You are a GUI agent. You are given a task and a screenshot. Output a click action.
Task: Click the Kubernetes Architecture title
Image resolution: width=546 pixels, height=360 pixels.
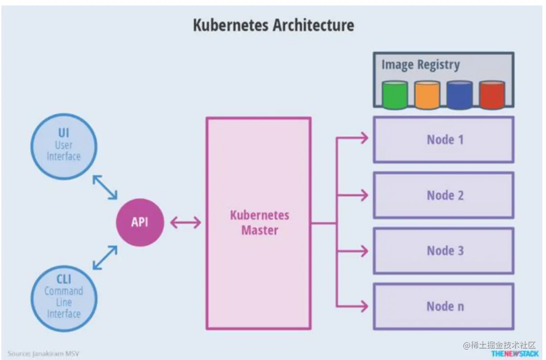pyautogui.click(x=273, y=25)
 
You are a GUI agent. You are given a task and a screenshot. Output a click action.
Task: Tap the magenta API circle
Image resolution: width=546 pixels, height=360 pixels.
pyautogui.click(x=140, y=222)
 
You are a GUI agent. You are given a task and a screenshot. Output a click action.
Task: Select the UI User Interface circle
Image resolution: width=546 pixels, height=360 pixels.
pyautogui.click(x=64, y=146)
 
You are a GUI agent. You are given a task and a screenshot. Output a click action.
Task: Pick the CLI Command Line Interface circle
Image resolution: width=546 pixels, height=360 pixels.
pyautogui.click(x=64, y=297)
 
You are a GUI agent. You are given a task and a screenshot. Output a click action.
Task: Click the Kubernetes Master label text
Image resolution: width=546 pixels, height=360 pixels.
pyautogui.click(x=259, y=222)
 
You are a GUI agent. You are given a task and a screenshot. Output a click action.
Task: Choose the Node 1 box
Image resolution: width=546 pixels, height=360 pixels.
pyautogui.click(x=444, y=139)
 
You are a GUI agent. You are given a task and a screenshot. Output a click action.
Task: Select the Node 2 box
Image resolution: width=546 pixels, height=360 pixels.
pyautogui.click(x=444, y=195)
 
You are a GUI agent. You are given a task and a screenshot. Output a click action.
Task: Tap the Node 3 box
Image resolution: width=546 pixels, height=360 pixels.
pyautogui.click(x=444, y=251)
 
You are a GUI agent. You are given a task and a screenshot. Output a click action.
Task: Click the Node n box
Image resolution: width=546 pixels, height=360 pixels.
pyautogui.click(x=444, y=306)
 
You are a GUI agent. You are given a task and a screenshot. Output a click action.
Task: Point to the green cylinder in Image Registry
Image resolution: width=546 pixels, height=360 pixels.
pyautogui.click(x=395, y=95)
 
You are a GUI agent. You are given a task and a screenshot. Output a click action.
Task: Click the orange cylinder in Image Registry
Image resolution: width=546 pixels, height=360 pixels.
pyautogui.click(x=427, y=95)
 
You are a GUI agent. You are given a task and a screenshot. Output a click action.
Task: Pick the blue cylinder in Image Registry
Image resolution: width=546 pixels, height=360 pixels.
pyautogui.click(x=459, y=95)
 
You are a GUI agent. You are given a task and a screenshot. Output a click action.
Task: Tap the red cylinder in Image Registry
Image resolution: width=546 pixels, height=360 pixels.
pyautogui.click(x=492, y=95)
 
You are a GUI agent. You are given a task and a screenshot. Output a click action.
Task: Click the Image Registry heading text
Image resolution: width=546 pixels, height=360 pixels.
pyautogui.click(x=420, y=65)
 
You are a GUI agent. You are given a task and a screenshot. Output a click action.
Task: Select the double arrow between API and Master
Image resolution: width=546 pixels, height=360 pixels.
pyautogui.click(x=185, y=222)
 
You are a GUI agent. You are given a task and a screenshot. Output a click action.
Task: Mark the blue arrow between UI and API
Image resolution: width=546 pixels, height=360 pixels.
pyautogui.click(x=105, y=187)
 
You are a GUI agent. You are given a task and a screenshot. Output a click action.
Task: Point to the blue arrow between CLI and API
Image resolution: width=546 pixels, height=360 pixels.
pyautogui.click(x=105, y=258)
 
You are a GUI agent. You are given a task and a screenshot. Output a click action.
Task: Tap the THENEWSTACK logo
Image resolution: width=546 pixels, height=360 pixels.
pyautogui.click(x=515, y=353)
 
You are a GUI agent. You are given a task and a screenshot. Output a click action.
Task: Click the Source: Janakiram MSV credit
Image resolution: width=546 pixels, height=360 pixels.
pyautogui.click(x=40, y=353)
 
